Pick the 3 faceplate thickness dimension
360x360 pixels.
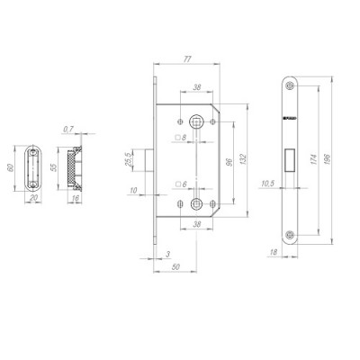point(157,256)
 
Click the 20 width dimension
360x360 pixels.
point(35,199)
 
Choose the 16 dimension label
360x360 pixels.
point(76,199)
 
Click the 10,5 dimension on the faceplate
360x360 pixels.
point(267,184)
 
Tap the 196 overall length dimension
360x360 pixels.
point(332,158)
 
